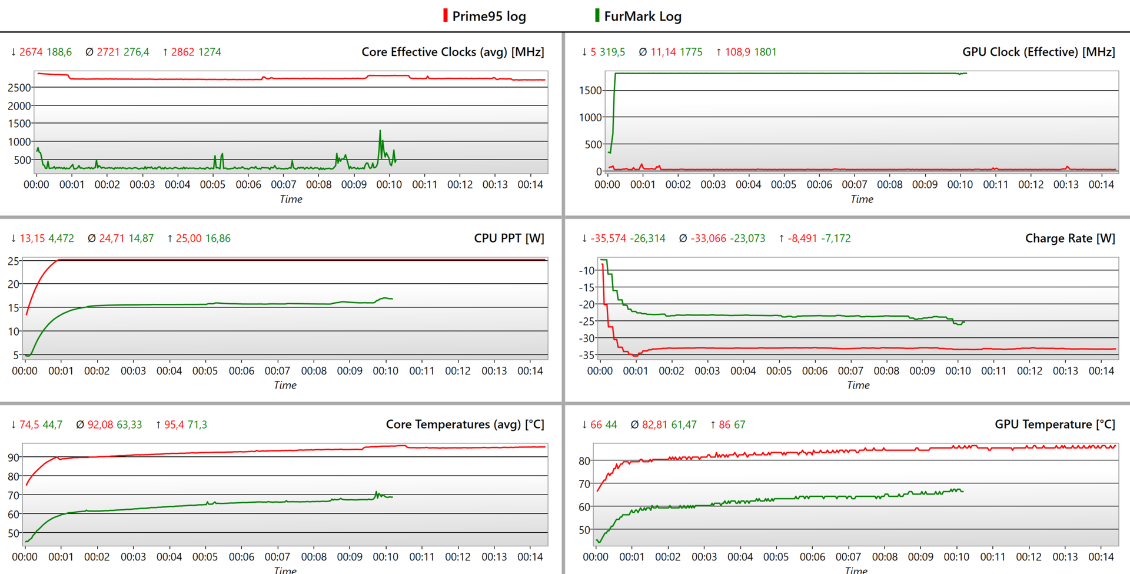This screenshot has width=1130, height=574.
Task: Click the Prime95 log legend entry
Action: [x=488, y=16]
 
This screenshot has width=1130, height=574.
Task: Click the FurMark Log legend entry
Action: [x=642, y=16]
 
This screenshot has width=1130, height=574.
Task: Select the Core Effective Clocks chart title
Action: [x=453, y=52]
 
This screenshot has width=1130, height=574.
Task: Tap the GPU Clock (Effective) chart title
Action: [x=1038, y=52]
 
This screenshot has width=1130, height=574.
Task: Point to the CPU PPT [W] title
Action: [x=509, y=238]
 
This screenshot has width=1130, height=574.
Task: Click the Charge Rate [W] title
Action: [x=1070, y=238]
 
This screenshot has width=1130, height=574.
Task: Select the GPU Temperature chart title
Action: [x=1055, y=424]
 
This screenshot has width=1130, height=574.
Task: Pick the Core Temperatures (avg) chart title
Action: [x=465, y=424]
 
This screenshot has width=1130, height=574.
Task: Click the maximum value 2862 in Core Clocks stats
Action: [x=182, y=52]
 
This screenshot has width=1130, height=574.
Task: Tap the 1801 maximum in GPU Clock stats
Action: [x=765, y=52]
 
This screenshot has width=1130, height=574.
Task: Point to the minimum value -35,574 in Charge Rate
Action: [x=608, y=238]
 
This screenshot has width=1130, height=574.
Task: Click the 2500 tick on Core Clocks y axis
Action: [x=19, y=88]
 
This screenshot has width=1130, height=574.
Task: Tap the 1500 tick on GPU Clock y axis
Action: [x=590, y=91]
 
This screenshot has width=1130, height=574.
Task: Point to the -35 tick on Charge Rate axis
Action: [x=586, y=355]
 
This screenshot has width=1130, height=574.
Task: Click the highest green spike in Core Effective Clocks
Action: [x=380, y=131]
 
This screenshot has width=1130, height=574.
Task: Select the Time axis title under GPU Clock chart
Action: [x=862, y=199]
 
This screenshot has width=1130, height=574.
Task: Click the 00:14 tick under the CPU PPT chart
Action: [x=530, y=371]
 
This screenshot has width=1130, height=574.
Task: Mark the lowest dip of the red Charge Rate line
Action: [x=635, y=356]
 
